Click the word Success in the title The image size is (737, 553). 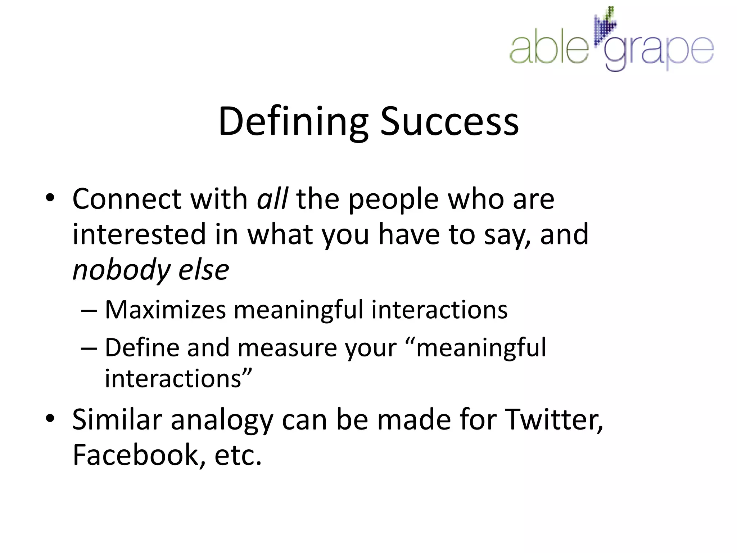449,122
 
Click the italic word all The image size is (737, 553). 272,199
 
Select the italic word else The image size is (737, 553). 204,270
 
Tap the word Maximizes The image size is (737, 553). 165,310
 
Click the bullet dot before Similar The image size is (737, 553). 50,418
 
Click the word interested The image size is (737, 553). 139,234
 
